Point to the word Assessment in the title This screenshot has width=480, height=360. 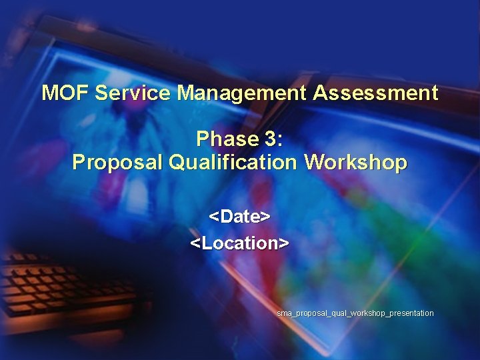tap(375, 93)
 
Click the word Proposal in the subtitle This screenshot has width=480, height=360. tap(118, 162)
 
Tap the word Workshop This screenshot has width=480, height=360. tap(355, 162)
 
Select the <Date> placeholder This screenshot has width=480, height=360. tap(239, 217)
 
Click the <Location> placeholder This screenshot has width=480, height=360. tap(239, 243)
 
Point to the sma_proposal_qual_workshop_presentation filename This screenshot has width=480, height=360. tap(355, 313)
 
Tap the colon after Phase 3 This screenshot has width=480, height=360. tap(280, 140)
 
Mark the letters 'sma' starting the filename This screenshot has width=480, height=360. tap(283, 313)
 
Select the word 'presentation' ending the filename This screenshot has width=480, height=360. tap(411, 313)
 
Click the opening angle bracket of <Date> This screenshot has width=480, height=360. tap(213, 217)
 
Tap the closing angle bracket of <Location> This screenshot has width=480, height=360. tap(285, 243)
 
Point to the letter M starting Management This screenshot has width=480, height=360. tap(185, 93)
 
